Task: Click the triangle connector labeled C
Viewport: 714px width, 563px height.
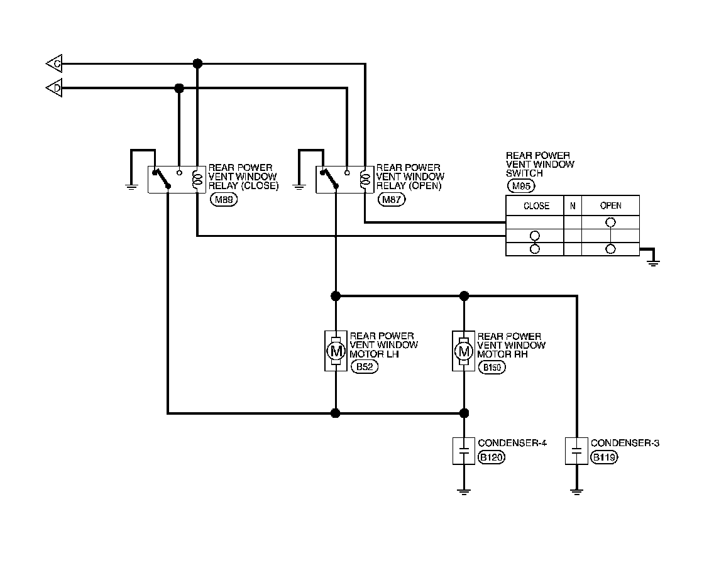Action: (54, 63)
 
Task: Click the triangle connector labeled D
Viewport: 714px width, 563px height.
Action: (54, 89)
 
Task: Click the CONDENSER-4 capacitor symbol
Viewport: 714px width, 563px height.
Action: (464, 451)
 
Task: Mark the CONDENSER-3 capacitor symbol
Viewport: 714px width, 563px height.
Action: (576, 451)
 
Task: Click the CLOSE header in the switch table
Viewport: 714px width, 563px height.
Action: (535, 205)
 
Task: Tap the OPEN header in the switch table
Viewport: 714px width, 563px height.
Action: (610, 205)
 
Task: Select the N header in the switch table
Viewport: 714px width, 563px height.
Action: (572, 205)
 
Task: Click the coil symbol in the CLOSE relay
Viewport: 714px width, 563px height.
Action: (197, 179)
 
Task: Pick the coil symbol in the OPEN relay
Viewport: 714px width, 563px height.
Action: (365, 179)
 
